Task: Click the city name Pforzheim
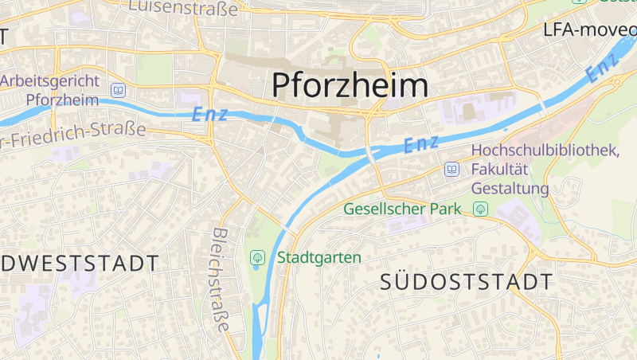coord(350,85)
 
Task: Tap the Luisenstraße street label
coord(182,8)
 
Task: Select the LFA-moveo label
coord(589,30)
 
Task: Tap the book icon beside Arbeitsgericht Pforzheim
coord(119,91)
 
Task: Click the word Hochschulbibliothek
coord(545,151)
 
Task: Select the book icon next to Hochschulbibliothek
coord(452,169)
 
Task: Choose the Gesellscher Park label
coord(403,209)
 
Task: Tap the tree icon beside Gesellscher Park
coord(480,209)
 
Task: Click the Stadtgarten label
coord(319,257)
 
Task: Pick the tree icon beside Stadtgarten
coord(257,257)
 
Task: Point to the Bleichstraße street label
coord(221,280)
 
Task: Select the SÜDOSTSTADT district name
coord(466,282)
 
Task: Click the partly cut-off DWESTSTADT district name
coord(78,263)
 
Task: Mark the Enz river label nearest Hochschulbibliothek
coord(421,144)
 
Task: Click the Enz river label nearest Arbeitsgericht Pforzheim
coord(210,114)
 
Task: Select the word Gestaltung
coord(510,189)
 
